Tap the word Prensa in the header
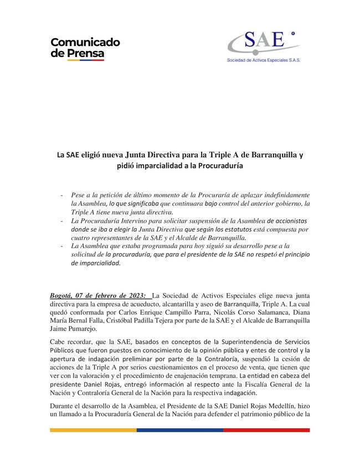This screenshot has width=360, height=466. point(85,54)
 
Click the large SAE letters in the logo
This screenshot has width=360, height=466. point(265,40)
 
